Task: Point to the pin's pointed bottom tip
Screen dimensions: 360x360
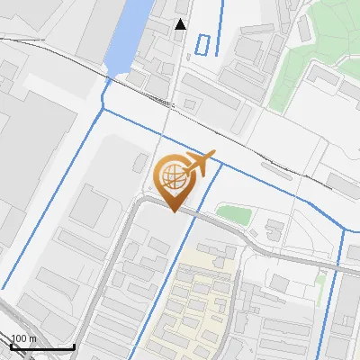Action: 173,211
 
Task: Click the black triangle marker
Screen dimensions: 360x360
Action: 180,24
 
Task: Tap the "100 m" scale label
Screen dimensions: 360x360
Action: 23,338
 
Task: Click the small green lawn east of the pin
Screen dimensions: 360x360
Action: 233,214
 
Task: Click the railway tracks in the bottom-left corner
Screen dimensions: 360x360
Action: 13,315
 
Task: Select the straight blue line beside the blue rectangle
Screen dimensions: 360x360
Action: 220,27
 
